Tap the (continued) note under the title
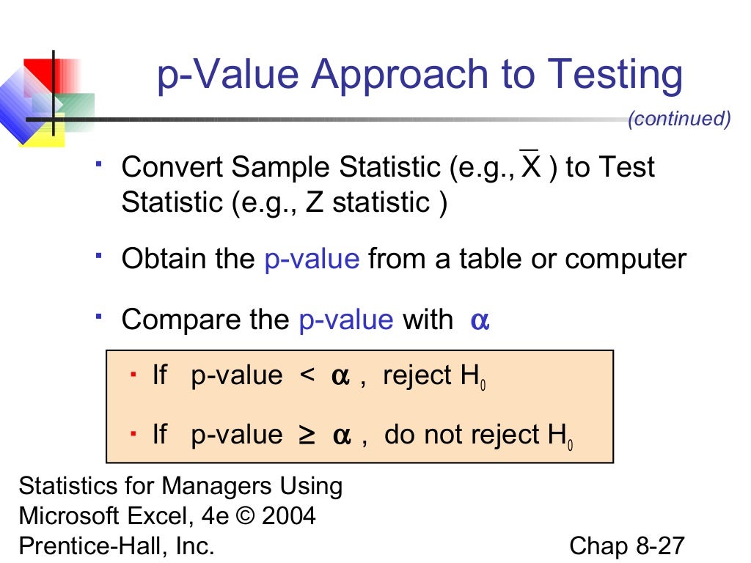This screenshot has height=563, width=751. pos(679,119)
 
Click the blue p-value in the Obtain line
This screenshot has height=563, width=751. pos(311,260)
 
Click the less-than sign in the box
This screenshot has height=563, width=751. pos(307,376)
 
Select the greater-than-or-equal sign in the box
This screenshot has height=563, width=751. pos(307,435)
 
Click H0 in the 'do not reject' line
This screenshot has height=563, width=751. pos(560,437)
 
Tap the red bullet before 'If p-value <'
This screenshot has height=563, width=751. pos(133,375)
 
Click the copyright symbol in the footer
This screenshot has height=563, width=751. pos(239,516)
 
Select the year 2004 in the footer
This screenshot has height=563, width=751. pos(288,516)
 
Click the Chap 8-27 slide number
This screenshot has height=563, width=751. pos(626,546)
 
